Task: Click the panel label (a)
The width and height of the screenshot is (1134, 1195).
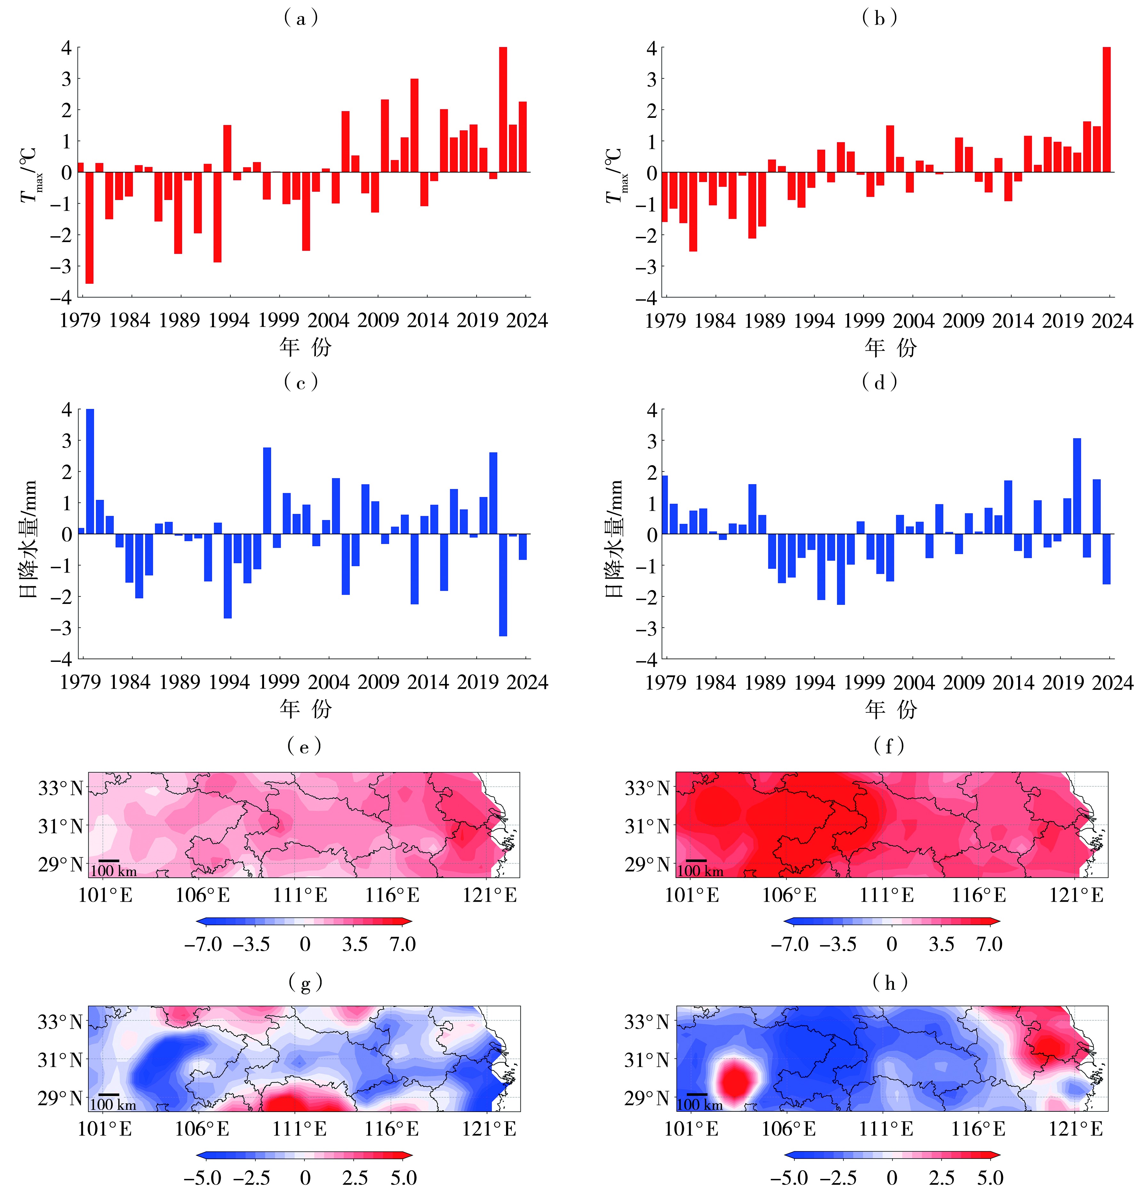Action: click(301, 18)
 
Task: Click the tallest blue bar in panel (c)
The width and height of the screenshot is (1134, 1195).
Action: click(90, 472)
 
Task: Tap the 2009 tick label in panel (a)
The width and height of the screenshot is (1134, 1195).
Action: click(378, 320)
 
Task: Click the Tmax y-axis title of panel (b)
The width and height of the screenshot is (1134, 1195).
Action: click(616, 175)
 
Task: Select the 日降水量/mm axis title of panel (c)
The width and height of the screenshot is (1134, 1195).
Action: click(28, 538)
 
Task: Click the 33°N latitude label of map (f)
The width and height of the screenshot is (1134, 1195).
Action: click(647, 788)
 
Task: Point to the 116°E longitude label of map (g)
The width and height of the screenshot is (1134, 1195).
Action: click(391, 1128)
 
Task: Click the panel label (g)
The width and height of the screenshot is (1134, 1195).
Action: click(305, 983)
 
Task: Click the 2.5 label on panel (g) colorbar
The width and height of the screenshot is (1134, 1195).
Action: click(355, 1177)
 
